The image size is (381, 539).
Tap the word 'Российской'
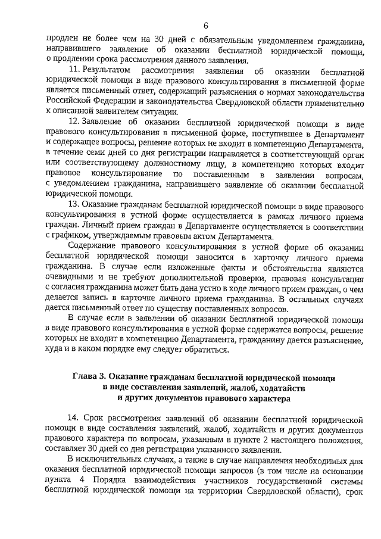(x=69, y=101)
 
